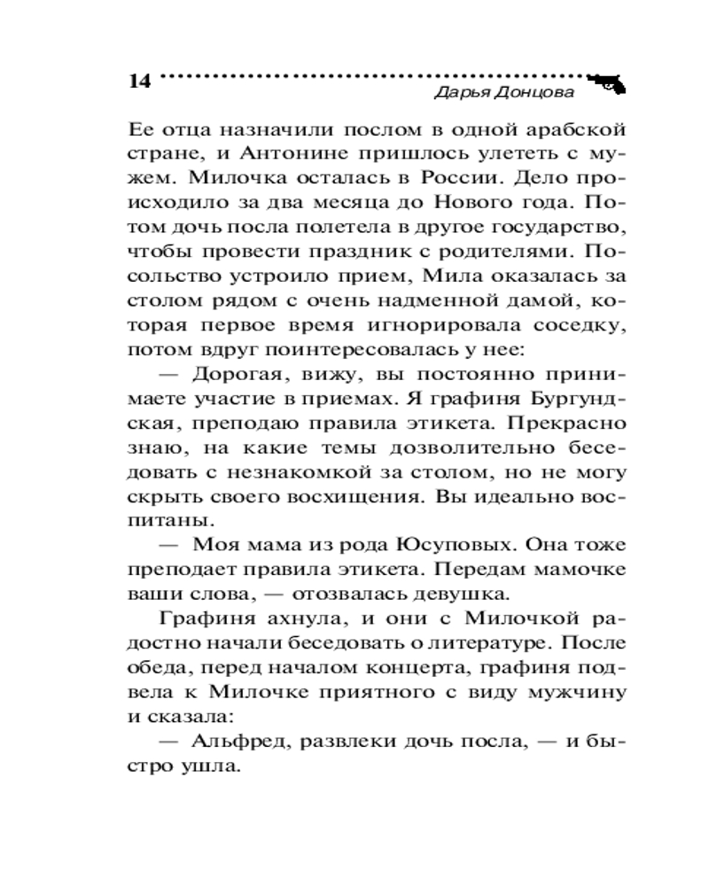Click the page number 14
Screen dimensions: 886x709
tap(139, 81)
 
